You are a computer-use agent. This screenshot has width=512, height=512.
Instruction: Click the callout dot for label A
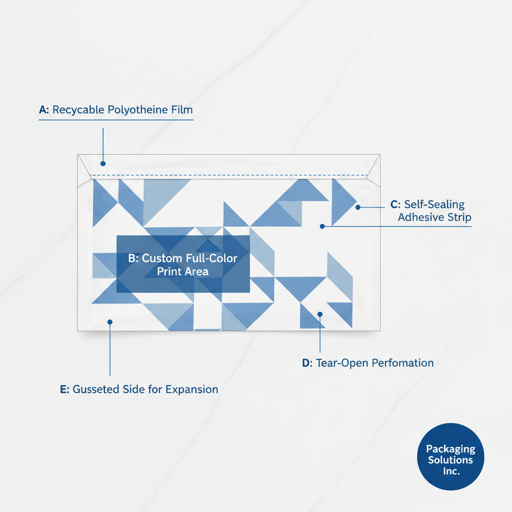[x=103, y=163]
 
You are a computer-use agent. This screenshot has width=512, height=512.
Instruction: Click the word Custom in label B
[x=161, y=259]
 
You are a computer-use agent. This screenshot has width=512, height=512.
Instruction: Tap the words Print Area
[x=182, y=272]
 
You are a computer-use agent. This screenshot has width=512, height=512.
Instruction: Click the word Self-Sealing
[x=434, y=204]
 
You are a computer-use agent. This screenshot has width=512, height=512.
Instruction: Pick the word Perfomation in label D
[x=405, y=363]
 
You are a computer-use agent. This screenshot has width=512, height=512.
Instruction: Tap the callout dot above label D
[x=320, y=314]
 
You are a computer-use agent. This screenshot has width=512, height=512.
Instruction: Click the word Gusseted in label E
[x=95, y=389]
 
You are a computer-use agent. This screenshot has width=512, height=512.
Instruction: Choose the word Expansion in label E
[x=192, y=389]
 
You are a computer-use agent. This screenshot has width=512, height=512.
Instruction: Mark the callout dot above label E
[x=110, y=322]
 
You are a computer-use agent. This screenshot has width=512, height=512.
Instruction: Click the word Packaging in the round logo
[x=450, y=449]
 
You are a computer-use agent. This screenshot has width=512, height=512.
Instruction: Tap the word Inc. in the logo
[x=450, y=471]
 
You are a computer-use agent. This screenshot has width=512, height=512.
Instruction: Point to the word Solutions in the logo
[x=450, y=460]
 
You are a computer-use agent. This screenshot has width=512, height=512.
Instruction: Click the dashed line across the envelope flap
[x=230, y=176]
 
